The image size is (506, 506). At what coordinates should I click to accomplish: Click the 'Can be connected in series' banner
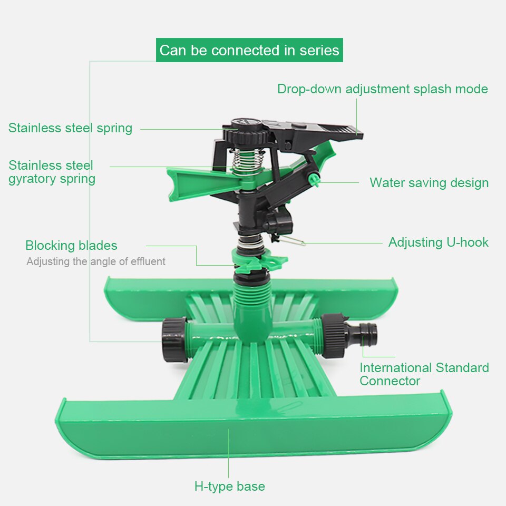[x=249, y=50]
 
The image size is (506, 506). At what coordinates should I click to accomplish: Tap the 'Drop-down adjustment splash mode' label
[x=383, y=89]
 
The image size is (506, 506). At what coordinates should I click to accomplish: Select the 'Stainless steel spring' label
[x=70, y=128]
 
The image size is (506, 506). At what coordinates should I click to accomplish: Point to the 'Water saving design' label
[x=429, y=183]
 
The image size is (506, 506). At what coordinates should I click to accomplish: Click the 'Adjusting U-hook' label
[x=439, y=242]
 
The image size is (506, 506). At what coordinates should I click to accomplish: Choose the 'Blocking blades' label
[x=71, y=245]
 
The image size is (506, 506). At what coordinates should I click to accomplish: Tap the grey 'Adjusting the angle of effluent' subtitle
[x=96, y=261]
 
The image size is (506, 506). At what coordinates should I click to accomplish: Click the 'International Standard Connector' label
[x=424, y=374]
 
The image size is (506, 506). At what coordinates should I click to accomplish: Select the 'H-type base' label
[x=229, y=486]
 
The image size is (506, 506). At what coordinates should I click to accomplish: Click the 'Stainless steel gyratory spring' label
[x=52, y=172]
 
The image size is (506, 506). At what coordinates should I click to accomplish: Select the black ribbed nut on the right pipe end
[x=333, y=336]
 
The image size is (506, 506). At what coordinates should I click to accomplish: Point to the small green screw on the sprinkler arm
[x=314, y=179]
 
